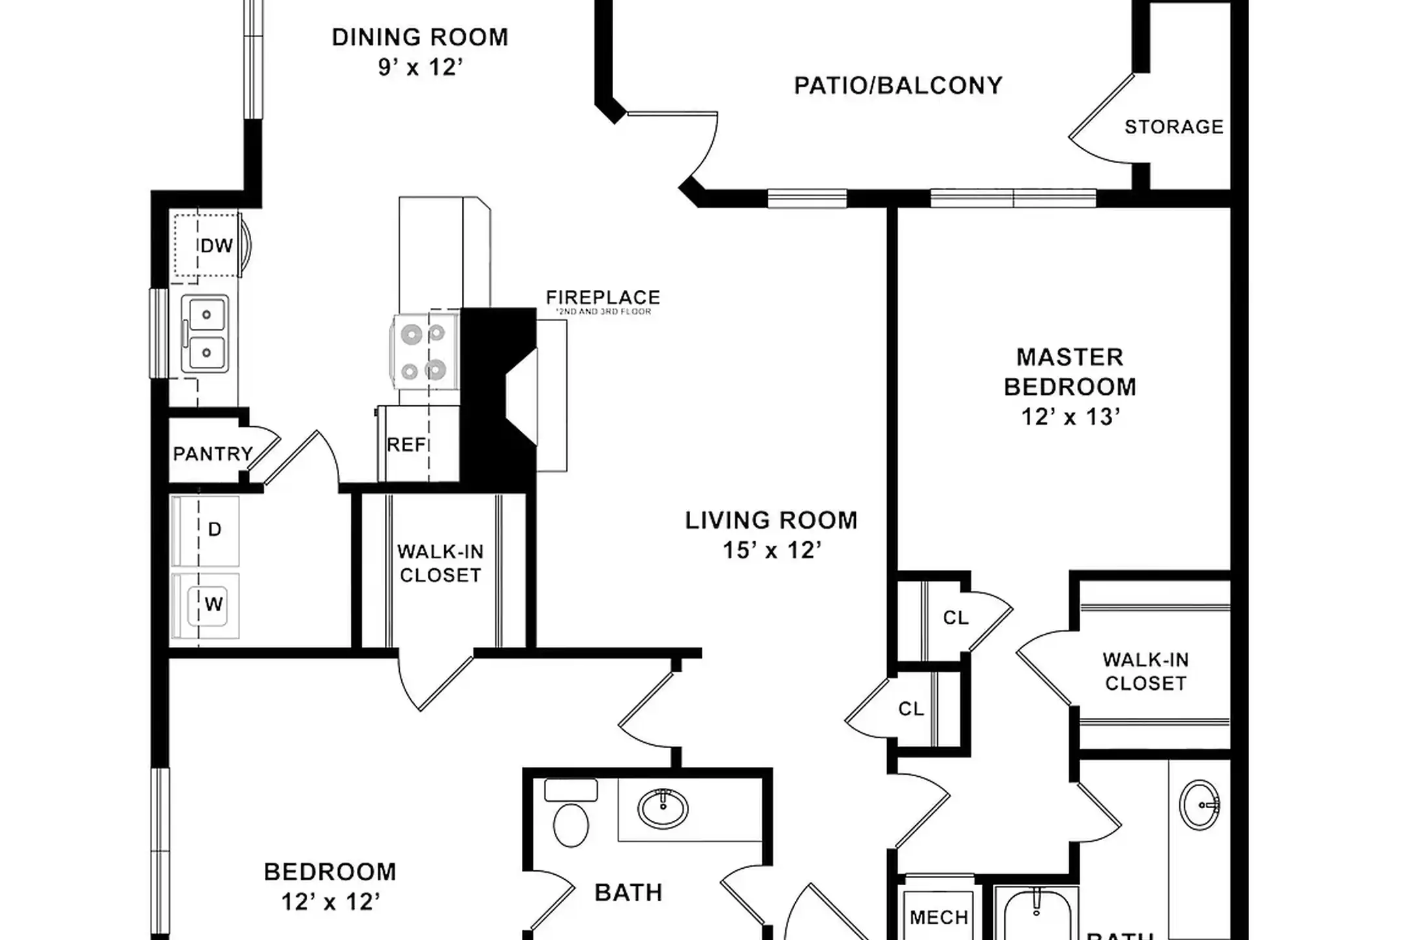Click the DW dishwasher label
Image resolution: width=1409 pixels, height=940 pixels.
point(217,246)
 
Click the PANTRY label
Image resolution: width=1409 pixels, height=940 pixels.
point(213,454)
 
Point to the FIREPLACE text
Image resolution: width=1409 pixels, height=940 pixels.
point(603,298)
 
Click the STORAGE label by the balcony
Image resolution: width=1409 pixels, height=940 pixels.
point(1174,127)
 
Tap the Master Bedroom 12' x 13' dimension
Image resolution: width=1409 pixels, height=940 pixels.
point(1070,416)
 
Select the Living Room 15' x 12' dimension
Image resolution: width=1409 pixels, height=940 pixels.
point(771,550)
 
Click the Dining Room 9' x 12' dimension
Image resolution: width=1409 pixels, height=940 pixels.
point(420,67)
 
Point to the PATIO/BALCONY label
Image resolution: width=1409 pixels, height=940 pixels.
point(898,86)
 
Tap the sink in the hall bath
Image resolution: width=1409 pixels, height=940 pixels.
point(663,808)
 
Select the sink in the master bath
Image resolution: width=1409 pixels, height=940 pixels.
point(1200,804)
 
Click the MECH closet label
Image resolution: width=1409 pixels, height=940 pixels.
point(939,917)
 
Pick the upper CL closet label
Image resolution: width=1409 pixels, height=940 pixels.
point(956,618)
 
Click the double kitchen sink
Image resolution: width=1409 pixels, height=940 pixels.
point(205,333)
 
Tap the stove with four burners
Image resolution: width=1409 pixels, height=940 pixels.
point(425,352)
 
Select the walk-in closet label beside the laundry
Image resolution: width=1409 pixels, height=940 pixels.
point(440,563)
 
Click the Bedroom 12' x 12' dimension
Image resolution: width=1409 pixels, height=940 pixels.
point(330,902)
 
